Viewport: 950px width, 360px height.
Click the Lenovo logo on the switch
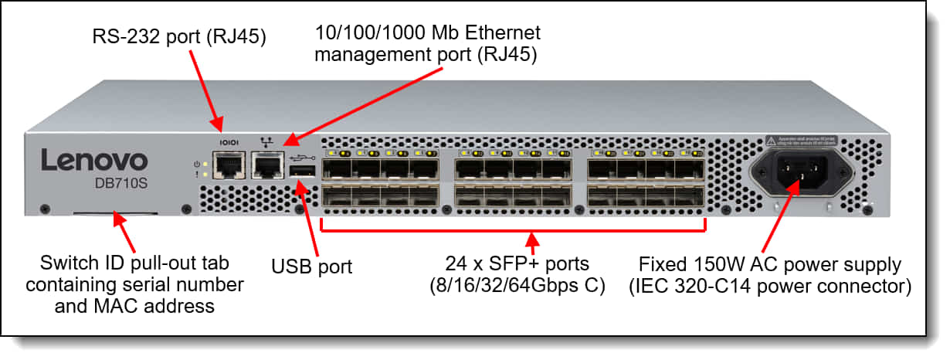point(93,160)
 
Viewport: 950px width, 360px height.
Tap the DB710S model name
point(94,183)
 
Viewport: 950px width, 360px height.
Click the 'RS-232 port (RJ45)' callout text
point(179,36)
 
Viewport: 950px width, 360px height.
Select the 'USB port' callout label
point(311,267)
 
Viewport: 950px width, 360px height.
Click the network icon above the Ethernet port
point(267,141)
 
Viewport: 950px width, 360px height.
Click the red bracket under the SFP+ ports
point(514,229)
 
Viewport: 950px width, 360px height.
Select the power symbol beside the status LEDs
point(198,163)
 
